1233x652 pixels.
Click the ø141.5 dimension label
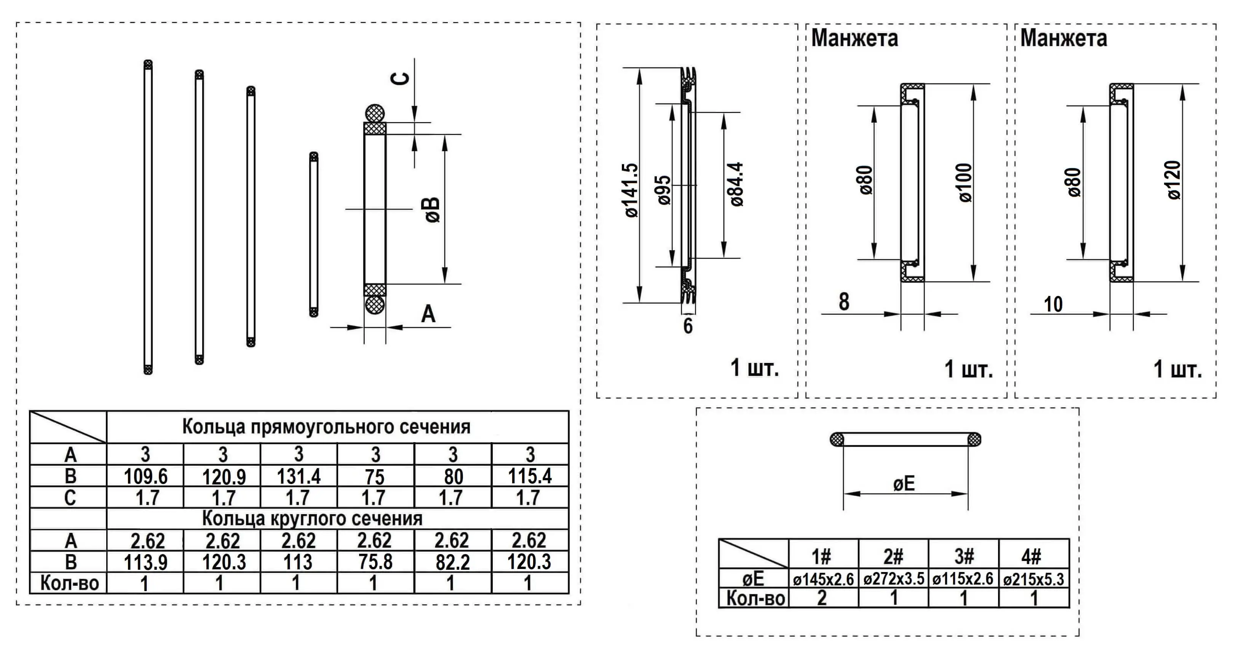coord(631,190)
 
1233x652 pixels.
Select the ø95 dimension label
coord(664,190)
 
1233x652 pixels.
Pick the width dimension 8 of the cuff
coord(844,302)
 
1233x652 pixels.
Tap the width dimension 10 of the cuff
coord(1053,304)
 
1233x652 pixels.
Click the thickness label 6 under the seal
coord(688,326)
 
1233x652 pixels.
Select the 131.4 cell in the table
coord(299,476)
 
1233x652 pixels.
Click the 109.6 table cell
coord(145,476)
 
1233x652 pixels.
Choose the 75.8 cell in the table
coord(375,562)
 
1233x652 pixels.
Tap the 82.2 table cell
coord(452,562)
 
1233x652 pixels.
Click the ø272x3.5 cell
coord(894,579)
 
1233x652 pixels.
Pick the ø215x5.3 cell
coord(1033,579)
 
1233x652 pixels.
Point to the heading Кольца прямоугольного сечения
coord(326,427)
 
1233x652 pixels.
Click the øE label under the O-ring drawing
coord(904,484)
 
